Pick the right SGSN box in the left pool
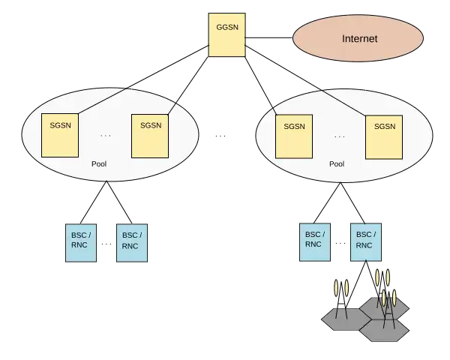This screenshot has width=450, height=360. click(150, 135)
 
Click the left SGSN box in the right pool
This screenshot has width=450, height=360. click(293, 136)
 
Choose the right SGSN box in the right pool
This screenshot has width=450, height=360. click(384, 136)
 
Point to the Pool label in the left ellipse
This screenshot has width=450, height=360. click(100, 164)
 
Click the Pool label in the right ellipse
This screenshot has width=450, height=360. click(337, 164)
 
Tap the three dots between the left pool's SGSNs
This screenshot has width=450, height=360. click(105, 136)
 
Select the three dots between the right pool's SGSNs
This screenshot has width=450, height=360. click(340, 136)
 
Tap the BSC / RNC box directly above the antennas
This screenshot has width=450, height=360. click(364, 240)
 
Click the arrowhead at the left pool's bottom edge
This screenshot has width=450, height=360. click(106, 183)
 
